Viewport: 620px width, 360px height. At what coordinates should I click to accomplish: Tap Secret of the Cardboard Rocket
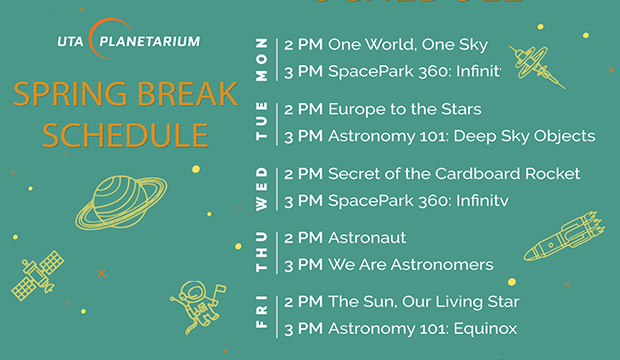(432, 173)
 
